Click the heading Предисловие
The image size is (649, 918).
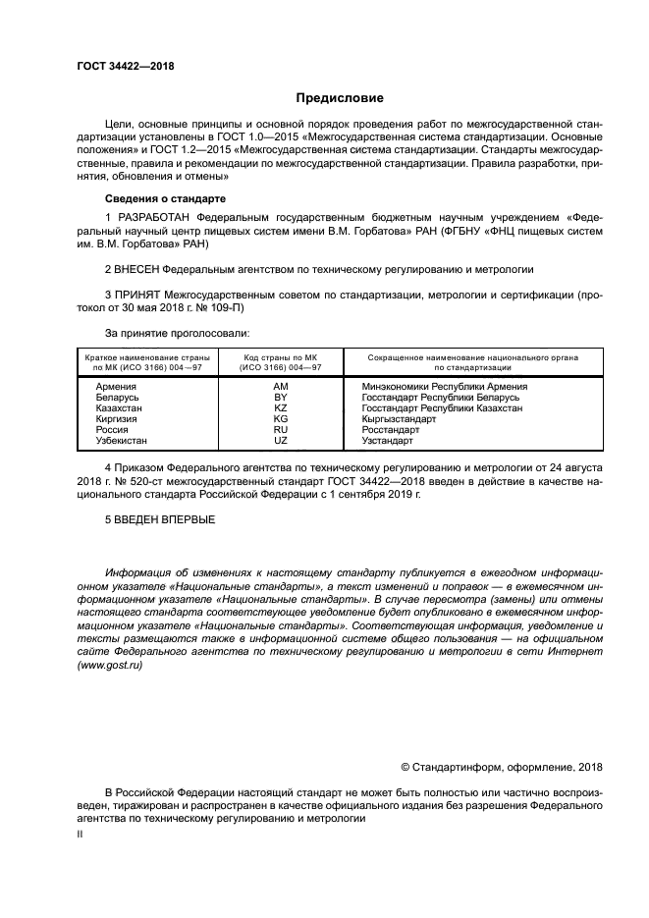(x=341, y=98)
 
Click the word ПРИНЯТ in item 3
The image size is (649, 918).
(x=138, y=294)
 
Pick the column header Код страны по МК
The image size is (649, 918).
(x=280, y=357)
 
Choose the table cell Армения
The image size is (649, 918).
(x=116, y=387)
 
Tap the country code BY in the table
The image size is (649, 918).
(x=280, y=398)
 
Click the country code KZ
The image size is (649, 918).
(x=280, y=408)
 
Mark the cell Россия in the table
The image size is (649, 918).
(x=112, y=430)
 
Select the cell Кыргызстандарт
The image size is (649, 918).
(x=401, y=419)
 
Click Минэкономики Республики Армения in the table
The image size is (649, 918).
(x=445, y=387)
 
